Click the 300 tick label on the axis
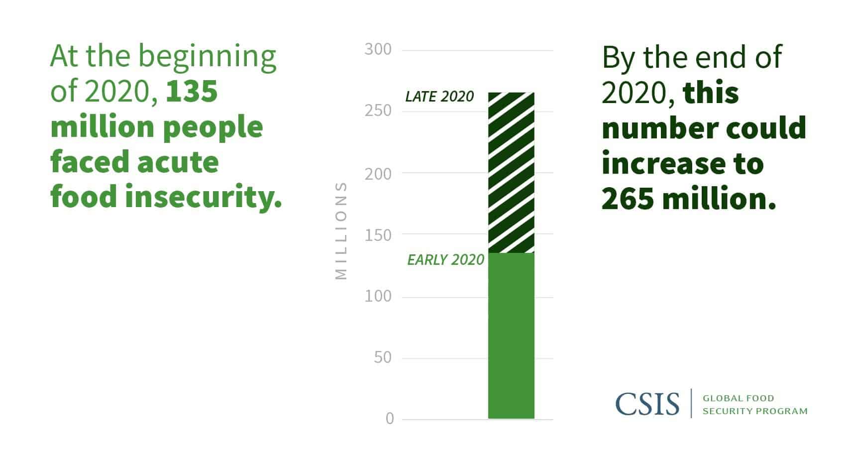(x=378, y=49)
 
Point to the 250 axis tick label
(x=378, y=111)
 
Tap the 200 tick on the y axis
(x=378, y=174)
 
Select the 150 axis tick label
(x=378, y=235)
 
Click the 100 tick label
(x=378, y=296)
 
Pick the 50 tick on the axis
(x=383, y=357)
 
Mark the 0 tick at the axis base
(x=390, y=419)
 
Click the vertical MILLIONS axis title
(x=341, y=230)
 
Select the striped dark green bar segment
(x=511, y=172)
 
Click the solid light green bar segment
(x=511, y=336)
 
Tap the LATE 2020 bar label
(x=439, y=96)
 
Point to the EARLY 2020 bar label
(x=445, y=260)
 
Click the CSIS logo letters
(x=647, y=404)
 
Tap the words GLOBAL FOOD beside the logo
(x=738, y=398)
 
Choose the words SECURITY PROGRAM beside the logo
(x=754, y=411)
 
